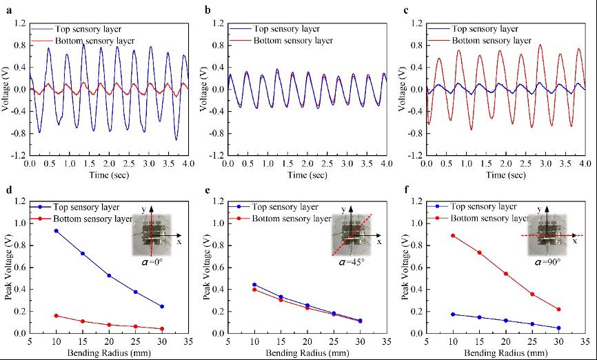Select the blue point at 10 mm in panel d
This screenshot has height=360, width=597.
tap(57, 231)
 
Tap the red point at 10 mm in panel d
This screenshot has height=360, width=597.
tap(57, 316)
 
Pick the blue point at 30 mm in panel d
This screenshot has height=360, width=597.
tap(162, 307)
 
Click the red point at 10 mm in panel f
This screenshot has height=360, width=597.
tap(452, 235)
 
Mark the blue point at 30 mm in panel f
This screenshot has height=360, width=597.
tap(558, 328)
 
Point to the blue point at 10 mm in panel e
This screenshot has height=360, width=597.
tap(254, 284)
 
